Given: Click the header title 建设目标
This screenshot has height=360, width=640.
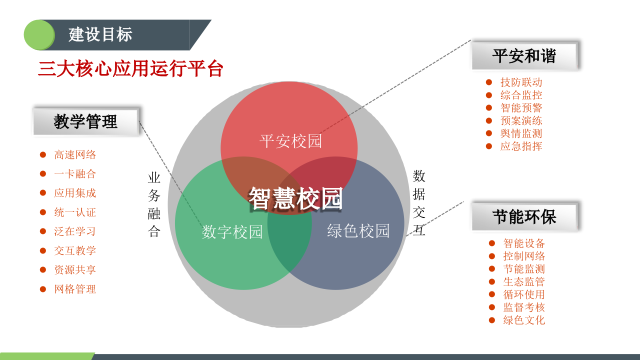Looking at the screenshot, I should (100, 35).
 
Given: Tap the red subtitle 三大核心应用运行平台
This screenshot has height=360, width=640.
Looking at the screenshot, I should (130, 69).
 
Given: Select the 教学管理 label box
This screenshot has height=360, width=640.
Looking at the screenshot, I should (85, 121).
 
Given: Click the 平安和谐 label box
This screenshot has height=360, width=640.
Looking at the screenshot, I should (524, 56).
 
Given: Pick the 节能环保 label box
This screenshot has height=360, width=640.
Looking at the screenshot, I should (524, 217).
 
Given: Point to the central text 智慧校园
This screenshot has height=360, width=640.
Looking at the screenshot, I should (295, 198).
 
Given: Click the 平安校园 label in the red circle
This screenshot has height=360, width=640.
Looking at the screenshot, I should (290, 141).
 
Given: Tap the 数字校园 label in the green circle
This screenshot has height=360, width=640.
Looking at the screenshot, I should (232, 232).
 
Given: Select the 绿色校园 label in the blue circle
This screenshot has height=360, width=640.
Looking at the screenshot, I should (358, 231).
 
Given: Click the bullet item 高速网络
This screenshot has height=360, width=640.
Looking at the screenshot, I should (75, 155).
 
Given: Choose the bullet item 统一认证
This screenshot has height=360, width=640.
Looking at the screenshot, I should (75, 212).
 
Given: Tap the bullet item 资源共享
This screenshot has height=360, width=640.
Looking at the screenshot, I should (75, 270).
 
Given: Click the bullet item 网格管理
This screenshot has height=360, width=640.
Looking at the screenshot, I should (75, 289).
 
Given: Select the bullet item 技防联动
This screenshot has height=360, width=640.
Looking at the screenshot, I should (521, 82).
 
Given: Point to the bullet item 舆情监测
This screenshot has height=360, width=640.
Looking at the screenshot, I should (521, 133).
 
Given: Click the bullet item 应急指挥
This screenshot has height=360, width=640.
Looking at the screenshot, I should (521, 146).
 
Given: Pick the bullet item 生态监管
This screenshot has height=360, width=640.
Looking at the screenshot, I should (524, 282).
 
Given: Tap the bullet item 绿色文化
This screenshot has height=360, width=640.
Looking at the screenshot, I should (524, 320).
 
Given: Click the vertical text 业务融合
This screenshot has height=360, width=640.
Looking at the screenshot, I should (154, 205).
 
